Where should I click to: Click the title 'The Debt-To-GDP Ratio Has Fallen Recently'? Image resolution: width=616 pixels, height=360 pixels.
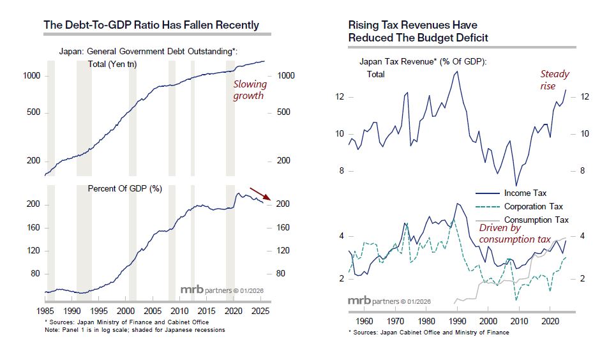[x=151, y=26]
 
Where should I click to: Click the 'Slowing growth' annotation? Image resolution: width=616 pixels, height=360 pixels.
[x=248, y=90]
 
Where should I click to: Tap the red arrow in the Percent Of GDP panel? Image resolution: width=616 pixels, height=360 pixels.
[x=260, y=194]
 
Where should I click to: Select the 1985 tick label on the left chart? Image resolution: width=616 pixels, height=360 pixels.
[x=45, y=312]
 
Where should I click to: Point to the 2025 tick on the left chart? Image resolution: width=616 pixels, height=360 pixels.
[x=259, y=312]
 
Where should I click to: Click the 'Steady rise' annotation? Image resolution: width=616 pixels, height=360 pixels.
[x=555, y=80]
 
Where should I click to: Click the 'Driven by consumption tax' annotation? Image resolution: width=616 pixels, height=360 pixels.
[x=515, y=234]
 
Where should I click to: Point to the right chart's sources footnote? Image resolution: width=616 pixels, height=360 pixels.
[x=428, y=333]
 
